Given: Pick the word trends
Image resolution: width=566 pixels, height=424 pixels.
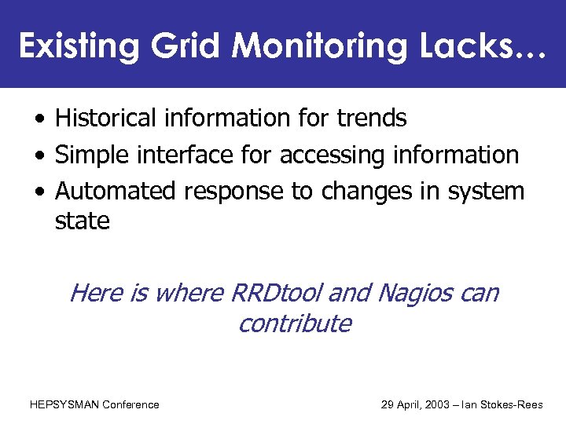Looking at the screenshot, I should point(371,119).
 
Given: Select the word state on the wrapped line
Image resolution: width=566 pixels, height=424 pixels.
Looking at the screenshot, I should point(82,221).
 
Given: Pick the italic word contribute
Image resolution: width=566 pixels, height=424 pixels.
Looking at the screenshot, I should point(294,323).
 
